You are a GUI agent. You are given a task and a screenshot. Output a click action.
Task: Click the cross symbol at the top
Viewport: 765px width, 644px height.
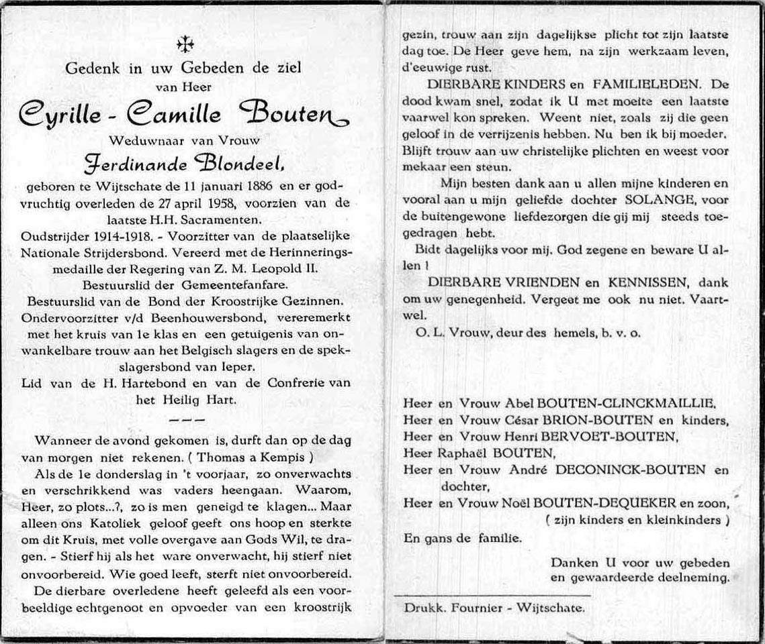tap(185, 44)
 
